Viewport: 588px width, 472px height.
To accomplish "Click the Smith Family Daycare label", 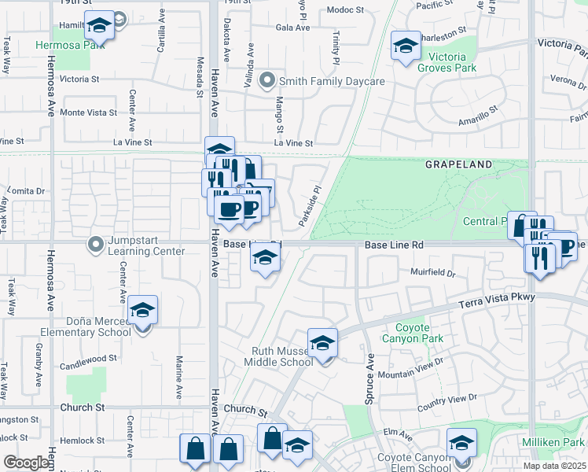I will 332,82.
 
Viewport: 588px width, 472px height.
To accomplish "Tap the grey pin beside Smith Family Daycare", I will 267,81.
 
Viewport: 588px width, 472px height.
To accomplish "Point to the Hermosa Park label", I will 70,45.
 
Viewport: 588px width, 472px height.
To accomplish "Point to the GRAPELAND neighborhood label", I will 458,165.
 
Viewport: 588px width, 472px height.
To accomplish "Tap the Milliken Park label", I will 554,442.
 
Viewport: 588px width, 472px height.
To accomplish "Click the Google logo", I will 27,463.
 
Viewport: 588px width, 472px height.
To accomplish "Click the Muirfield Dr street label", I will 432,272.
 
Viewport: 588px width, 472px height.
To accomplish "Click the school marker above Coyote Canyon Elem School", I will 461,442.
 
